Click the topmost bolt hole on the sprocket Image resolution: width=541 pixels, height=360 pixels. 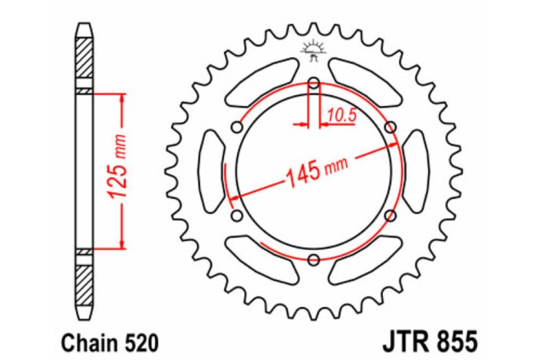(x=313, y=84)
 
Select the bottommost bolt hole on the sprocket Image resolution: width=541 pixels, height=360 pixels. (x=313, y=261)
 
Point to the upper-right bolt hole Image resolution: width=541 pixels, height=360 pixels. (x=391, y=127)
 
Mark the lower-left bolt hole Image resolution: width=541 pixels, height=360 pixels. (x=236, y=216)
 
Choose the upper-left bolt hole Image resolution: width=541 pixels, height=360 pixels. (x=236, y=128)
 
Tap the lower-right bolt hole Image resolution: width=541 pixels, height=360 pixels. (x=391, y=216)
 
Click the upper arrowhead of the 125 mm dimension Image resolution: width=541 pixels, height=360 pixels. (x=121, y=98)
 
